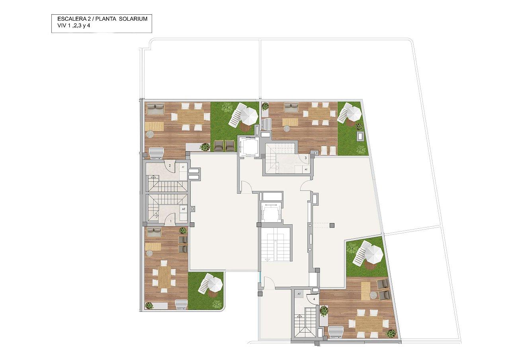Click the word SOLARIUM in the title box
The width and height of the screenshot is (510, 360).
133,19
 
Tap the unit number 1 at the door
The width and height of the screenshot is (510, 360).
171,221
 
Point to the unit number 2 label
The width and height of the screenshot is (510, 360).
170,165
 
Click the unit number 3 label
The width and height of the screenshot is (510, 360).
305,158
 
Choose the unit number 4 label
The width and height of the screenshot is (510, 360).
314,299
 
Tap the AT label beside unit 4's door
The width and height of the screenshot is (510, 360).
299,294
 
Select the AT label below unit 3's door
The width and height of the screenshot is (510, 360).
306,169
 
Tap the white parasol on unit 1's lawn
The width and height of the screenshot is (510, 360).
215,285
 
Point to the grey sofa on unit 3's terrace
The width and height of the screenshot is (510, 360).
291,107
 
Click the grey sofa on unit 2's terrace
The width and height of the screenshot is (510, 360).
155,109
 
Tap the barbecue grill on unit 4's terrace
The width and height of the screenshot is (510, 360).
336,332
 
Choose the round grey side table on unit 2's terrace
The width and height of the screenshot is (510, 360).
150,134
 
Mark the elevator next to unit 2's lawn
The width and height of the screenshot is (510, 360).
248,147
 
